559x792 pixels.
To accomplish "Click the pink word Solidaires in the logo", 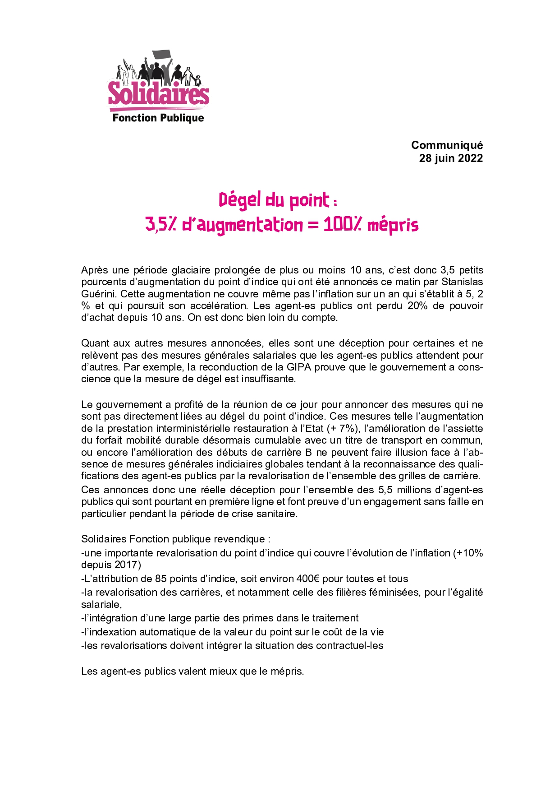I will [159, 93].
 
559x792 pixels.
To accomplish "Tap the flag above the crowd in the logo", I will [162, 56].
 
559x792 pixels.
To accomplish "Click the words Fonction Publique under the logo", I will [158, 118].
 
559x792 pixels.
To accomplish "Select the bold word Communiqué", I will [447, 145].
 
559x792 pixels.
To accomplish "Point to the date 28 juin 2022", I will [451, 158].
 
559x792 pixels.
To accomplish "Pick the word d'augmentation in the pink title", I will [243, 225].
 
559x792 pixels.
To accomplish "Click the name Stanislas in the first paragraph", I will [462, 282].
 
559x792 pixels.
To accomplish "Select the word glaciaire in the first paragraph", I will [191, 270].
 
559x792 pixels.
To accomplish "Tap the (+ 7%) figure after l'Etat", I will [344, 428].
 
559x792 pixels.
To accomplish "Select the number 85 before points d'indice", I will [161, 579].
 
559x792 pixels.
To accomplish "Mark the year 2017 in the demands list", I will [126, 565].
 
